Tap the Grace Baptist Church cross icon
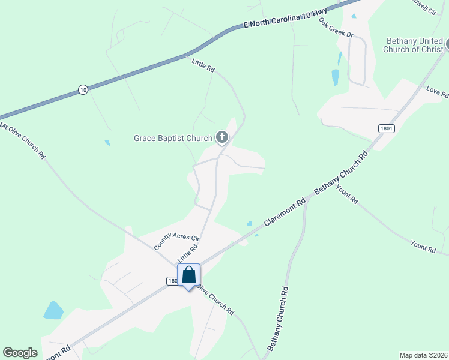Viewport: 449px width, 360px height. [x=222, y=138]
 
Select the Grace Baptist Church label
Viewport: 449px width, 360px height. [x=173, y=138]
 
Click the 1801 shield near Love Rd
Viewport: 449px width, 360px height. [x=386, y=128]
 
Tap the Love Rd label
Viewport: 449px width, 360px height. [x=437, y=92]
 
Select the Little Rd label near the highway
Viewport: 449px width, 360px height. [x=203, y=65]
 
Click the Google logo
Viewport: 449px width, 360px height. [x=20, y=353]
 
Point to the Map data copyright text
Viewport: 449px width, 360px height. [x=423, y=355]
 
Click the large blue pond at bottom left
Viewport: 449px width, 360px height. [x=53, y=310]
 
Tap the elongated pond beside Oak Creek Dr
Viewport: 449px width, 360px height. [x=335, y=77]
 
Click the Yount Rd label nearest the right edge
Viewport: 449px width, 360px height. [x=423, y=246]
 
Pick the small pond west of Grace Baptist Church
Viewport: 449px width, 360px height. [x=107, y=143]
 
